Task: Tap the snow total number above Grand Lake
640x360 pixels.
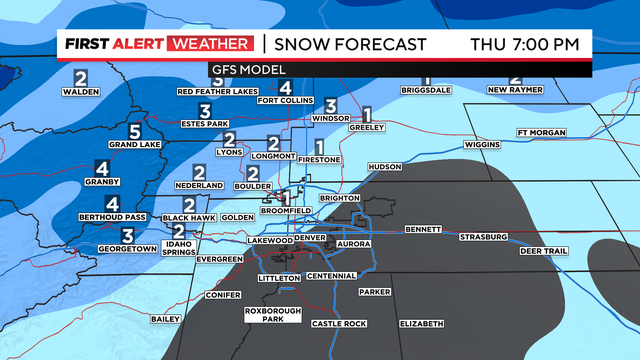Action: [135, 130]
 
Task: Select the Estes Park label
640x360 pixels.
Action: [204, 125]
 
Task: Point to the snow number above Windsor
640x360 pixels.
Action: [330, 105]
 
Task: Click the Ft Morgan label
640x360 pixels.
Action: [541, 133]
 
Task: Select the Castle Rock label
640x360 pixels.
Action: [340, 323]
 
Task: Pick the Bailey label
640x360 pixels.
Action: [164, 319]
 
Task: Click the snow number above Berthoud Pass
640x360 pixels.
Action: [112, 203]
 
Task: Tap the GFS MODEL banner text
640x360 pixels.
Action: [246, 69]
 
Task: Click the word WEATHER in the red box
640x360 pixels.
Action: [212, 44]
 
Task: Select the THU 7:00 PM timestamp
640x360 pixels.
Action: [525, 44]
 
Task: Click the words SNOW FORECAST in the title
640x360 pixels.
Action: [350, 44]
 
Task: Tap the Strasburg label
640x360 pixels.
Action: [483, 237]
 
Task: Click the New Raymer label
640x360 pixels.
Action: [514, 90]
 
